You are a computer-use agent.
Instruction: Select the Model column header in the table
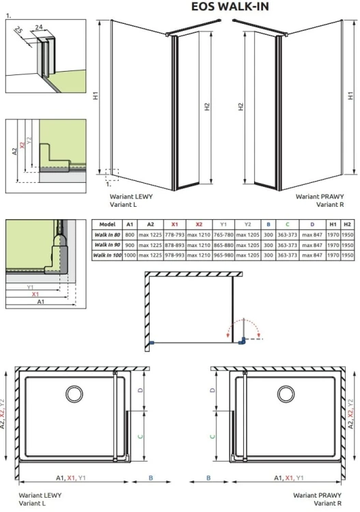[x=107, y=224]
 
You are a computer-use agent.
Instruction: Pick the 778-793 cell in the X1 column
[x=175, y=234]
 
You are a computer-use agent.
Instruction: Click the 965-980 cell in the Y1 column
[x=223, y=255]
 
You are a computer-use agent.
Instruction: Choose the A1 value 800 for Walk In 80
[x=130, y=234]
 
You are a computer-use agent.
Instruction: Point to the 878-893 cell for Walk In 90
[x=175, y=244]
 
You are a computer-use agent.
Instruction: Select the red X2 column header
[x=199, y=224]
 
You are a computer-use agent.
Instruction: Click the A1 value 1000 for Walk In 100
[x=130, y=255]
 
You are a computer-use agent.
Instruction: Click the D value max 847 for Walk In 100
[x=312, y=255]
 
